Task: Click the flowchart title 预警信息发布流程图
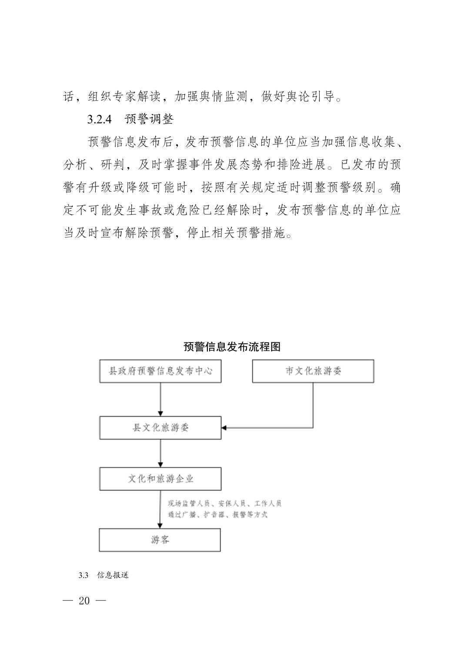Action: pos(232,347)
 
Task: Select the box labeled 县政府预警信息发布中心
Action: pos(160,371)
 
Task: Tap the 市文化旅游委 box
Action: pos(313,371)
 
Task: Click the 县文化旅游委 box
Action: pos(160,427)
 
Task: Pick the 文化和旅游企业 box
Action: pos(160,479)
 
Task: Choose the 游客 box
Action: pos(160,540)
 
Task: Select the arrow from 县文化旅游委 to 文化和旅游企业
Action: pos(160,453)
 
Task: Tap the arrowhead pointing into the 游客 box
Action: pos(160,525)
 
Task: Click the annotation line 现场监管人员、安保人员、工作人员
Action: pos(224,504)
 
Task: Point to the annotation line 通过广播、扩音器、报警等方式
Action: pos(217,514)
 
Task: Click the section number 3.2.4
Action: pos(100,119)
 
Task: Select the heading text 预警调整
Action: pos(149,119)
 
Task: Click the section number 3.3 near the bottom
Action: pos(83,575)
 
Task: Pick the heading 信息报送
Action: pos(113,575)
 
